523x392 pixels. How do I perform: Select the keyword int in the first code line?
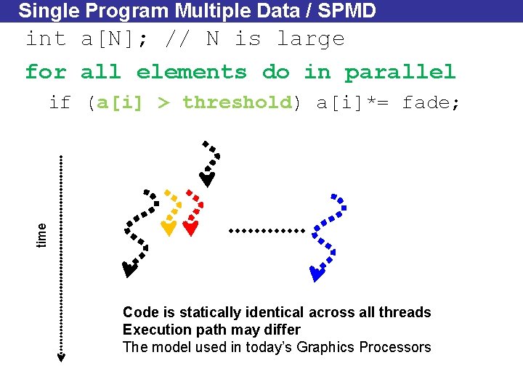click(46, 38)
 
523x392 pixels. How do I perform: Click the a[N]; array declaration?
click(116, 38)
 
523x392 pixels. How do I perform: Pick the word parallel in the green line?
click(400, 72)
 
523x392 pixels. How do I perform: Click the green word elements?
click(192, 72)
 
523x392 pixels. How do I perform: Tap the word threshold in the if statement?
click(237, 102)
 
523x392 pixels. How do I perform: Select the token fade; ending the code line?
click(431, 102)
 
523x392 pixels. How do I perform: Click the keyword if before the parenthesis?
click(60, 102)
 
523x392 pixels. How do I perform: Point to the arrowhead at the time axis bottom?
click(62, 356)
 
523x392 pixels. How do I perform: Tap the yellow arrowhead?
click(168, 229)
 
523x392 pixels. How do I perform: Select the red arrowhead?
click(190, 229)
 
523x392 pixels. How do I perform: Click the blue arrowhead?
click(317, 274)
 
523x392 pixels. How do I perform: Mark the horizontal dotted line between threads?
click(267, 230)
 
